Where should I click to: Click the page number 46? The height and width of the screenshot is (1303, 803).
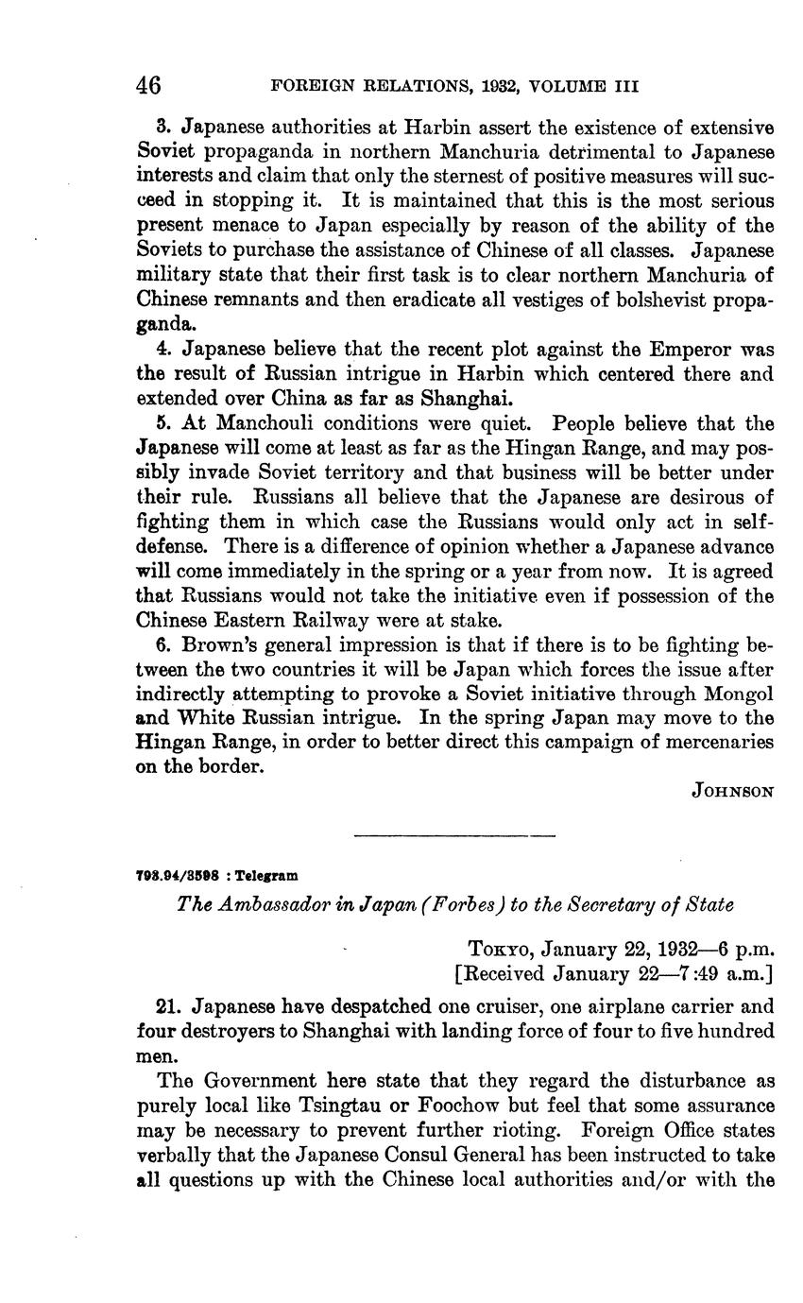tap(149, 86)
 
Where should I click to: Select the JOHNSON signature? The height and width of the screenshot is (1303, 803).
tap(733, 792)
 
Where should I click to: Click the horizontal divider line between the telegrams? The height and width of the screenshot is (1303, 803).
tap(453, 835)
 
